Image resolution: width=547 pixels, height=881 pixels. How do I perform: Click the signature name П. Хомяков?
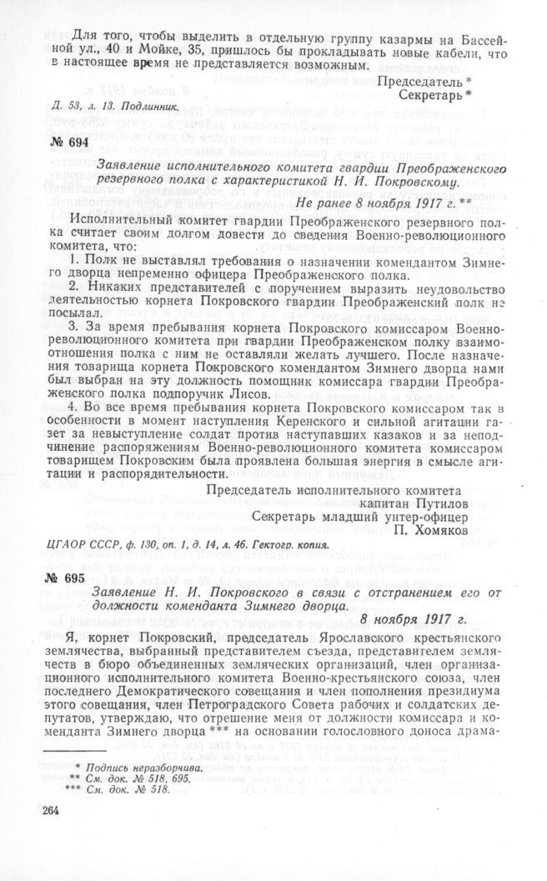pyautogui.click(x=441, y=530)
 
